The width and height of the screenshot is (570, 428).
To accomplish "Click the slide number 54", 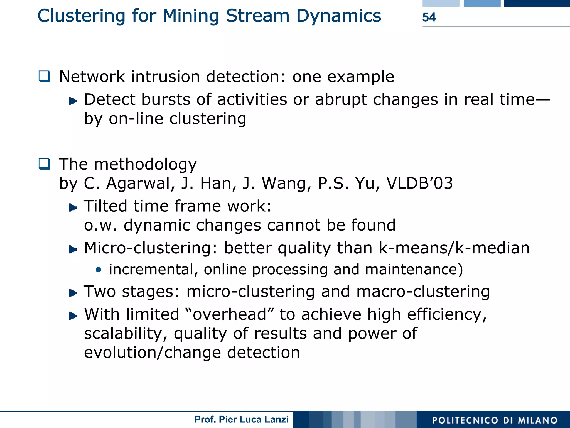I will coord(429,17).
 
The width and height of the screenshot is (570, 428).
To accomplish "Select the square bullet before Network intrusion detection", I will coord(45,76).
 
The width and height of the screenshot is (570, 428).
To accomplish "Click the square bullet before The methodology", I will coord(45,164).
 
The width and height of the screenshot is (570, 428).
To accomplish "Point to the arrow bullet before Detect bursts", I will coord(73,101).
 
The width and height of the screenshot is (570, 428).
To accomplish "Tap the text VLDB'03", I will coord(419,183).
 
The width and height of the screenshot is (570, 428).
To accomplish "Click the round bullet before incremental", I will coord(98,270).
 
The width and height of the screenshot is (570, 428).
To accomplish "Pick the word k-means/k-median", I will coord(454,248).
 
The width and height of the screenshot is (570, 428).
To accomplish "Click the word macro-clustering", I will coord(423,292).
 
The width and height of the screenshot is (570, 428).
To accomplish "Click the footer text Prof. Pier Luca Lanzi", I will coord(241,419).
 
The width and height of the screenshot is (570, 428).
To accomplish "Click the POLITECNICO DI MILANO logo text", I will coord(495,420).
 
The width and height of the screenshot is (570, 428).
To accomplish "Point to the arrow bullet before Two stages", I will coord(73,293).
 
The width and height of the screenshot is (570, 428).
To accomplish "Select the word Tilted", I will coord(105,206).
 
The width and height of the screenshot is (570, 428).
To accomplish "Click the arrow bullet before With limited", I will coord(73,316).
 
